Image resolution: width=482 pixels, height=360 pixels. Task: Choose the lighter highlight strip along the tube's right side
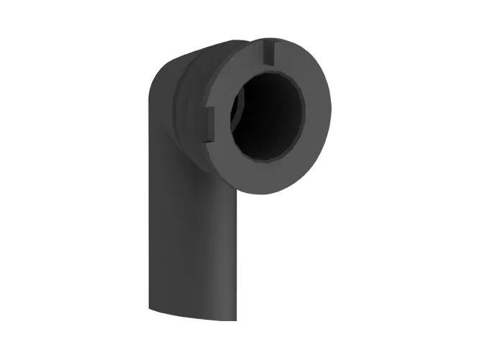pos(227,252)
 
